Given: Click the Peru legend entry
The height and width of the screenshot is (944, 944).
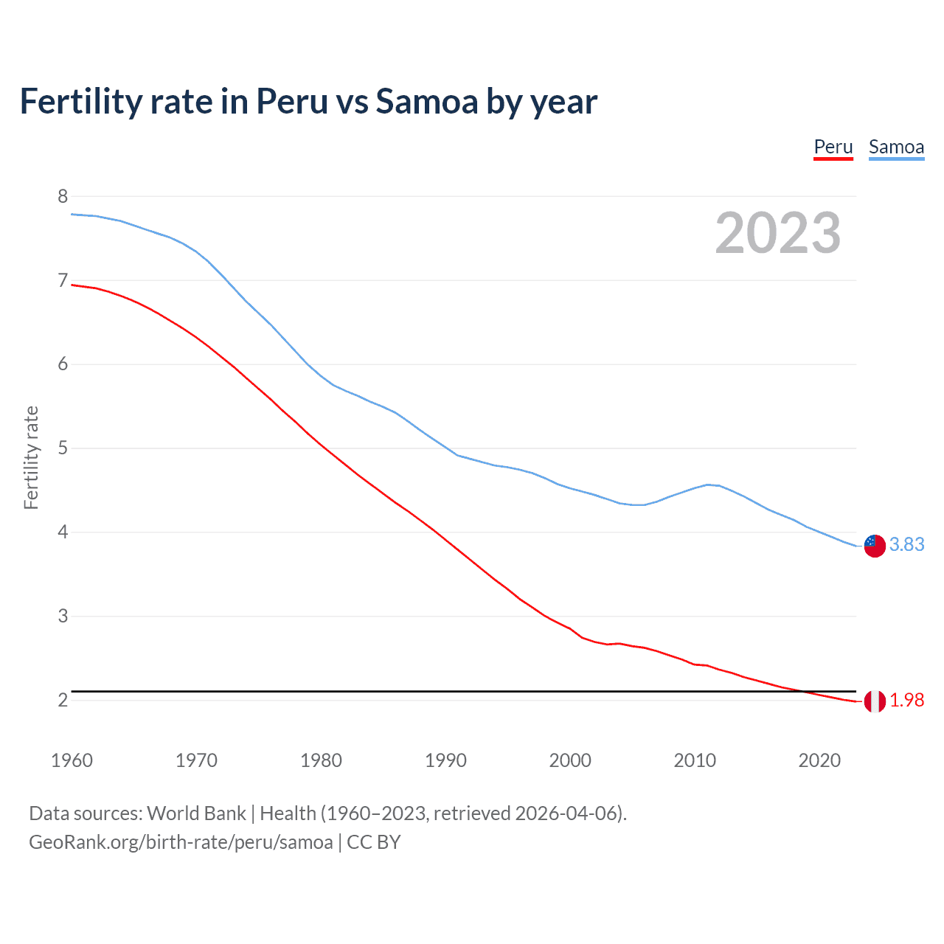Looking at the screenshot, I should [x=833, y=147].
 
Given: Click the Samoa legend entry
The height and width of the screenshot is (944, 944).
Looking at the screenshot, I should [x=896, y=147].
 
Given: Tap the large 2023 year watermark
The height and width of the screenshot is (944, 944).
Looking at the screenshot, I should [x=777, y=233].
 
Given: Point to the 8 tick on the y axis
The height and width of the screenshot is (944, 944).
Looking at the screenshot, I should [x=63, y=196].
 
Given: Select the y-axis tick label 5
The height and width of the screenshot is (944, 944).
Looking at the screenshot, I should [x=63, y=448].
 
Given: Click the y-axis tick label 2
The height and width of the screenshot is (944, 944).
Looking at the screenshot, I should [x=63, y=699].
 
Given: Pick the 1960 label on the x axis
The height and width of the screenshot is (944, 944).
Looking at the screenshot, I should [x=72, y=760].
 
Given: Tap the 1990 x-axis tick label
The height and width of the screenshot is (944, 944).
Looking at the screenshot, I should [x=445, y=760].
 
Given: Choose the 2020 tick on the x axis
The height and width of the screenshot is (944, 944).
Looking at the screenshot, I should [x=819, y=760].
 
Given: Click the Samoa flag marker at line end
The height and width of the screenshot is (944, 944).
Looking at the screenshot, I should [x=875, y=546].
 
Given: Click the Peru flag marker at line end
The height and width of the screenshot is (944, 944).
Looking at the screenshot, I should [x=875, y=701].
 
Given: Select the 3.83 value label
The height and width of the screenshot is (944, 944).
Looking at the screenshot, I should [x=906, y=544].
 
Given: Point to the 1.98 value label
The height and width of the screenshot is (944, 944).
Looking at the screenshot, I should [x=906, y=701].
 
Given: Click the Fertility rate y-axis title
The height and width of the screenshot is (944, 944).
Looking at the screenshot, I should [x=31, y=457].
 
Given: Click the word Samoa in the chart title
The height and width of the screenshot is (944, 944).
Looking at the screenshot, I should [x=426, y=101].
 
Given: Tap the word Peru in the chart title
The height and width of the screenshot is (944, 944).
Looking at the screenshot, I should [x=291, y=101].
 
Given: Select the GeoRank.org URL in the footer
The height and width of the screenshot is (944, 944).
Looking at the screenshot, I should [x=181, y=842].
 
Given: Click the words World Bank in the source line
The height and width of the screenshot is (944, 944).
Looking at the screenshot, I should [x=196, y=813].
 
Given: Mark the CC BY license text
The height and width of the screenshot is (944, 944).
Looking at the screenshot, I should [x=373, y=842].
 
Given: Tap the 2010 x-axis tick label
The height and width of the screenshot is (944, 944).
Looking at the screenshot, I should [x=695, y=760].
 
